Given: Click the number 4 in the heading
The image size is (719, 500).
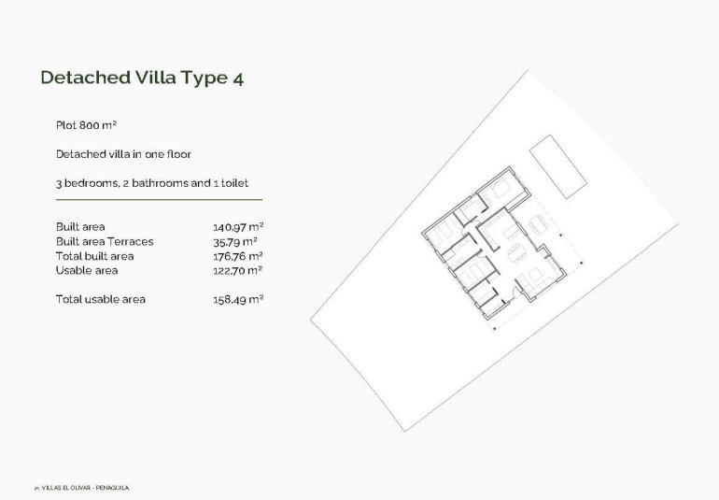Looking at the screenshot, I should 238,79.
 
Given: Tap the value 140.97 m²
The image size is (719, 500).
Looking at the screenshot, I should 238,227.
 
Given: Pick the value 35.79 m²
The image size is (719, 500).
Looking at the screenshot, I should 235,241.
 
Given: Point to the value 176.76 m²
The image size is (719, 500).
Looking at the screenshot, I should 238,256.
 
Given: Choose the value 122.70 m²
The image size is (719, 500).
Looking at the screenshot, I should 238,270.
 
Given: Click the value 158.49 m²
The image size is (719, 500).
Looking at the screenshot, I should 238,300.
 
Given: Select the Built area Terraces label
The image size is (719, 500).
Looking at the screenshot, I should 105,241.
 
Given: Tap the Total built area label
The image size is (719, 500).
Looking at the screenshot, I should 94,256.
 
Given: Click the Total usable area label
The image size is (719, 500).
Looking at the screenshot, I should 101,300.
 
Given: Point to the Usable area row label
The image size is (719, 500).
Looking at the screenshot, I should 87,270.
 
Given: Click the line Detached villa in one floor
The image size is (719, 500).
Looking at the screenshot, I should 123,154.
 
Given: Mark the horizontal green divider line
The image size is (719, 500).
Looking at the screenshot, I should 159,199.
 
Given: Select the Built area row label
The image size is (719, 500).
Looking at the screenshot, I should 80,227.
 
